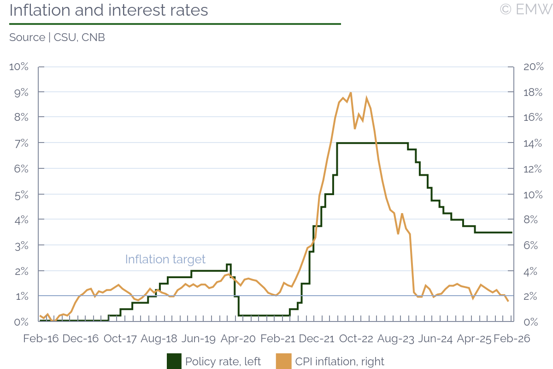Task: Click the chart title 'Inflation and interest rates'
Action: click(109, 10)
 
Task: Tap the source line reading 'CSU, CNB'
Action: click(57, 37)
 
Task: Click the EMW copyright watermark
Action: click(525, 9)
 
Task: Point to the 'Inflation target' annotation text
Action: click(165, 259)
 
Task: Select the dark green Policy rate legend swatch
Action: click(174, 361)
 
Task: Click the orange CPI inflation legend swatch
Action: click(284, 361)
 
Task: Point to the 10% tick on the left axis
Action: click(19, 67)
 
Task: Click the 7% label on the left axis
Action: click(21, 143)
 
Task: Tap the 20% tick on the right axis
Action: click(534, 67)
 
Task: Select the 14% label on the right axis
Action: click(534, 143)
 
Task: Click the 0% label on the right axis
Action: click(531, 321)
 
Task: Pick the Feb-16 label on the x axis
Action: click(41, 339)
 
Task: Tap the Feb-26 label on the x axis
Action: click(512, 339)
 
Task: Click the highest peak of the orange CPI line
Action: click(351, 93)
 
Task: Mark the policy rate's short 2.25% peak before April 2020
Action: click(229, 264)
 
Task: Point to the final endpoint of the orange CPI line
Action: click(508, 301)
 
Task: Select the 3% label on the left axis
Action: click(21, 245)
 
